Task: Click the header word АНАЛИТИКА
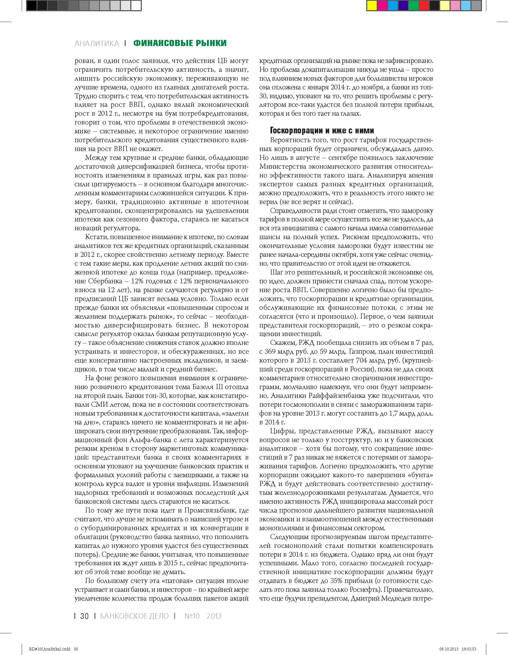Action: [97, 43]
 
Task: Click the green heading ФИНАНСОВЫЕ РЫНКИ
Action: [180, 43]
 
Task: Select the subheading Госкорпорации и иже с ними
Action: [322, 130]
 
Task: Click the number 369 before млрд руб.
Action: [270, 352]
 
